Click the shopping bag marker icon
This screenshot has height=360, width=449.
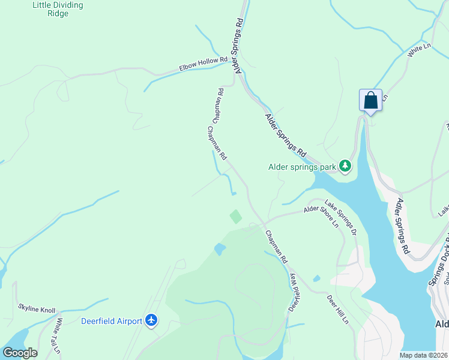coord(370,100)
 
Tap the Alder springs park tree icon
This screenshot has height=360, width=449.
coord(345,165)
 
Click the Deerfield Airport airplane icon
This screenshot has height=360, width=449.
coord(151,321)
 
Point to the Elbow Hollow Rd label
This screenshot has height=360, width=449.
coord(203,64)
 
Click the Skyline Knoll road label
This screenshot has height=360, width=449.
coord(36,310)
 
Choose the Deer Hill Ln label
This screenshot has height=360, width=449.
coord(337,309)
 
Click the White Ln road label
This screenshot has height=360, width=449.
coord(420,50)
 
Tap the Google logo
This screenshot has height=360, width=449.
coord(20,353)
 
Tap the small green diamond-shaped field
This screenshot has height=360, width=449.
coord(236,217)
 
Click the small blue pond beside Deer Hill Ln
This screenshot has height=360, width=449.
coord(316,278)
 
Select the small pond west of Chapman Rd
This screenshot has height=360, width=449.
coord(219,248)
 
